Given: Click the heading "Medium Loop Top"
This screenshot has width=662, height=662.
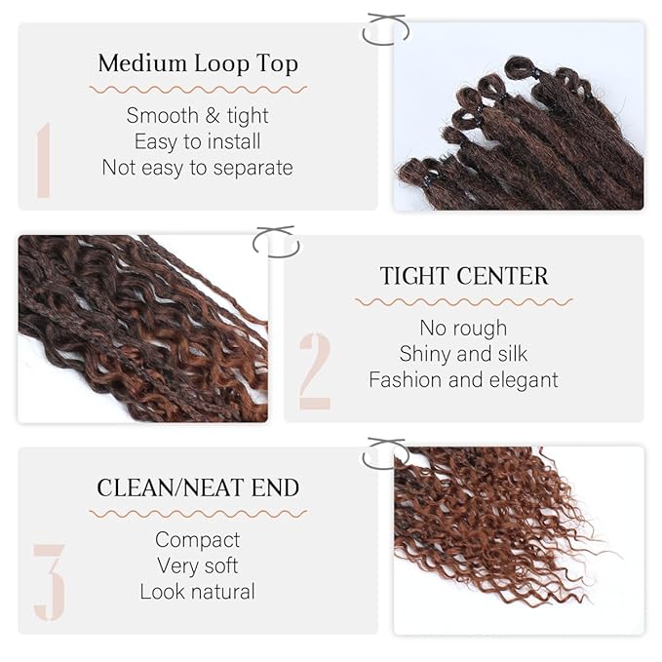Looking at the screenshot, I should pos(198,64).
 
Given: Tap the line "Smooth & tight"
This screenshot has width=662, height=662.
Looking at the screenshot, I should pos(198,115).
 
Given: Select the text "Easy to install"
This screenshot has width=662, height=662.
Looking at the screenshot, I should pos(198,141).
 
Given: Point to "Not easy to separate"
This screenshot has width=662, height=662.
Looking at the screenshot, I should pos(198,168).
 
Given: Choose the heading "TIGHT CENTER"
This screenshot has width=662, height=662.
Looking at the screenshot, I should pos(464,276).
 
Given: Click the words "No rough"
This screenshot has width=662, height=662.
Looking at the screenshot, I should pos(464,328).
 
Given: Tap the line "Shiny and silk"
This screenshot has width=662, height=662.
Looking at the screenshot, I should pos(464,354).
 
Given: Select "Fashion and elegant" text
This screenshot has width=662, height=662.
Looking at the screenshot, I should pos(464,380).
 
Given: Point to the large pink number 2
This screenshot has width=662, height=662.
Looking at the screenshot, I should pos(315,370).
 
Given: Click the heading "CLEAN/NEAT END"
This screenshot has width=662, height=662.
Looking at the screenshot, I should pos(198,487).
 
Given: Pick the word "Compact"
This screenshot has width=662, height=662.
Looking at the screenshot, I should pos(198,539).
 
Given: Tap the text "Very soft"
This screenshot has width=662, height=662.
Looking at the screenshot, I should pos(198,565).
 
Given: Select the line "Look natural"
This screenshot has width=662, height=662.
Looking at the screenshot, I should pos(198,592).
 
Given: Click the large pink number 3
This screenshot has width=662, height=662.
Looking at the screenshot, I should pos(49,582).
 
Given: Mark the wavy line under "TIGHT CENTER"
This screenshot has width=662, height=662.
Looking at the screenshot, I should pos(464,302).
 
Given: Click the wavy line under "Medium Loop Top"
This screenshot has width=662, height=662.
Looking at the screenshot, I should pos(198,90).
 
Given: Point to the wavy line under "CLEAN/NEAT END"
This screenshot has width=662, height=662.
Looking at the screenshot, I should pos(198,513).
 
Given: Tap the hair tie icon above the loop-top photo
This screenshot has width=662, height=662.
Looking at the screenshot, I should pos(385,29).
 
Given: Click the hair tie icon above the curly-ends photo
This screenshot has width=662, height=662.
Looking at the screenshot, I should pos(386,453).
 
